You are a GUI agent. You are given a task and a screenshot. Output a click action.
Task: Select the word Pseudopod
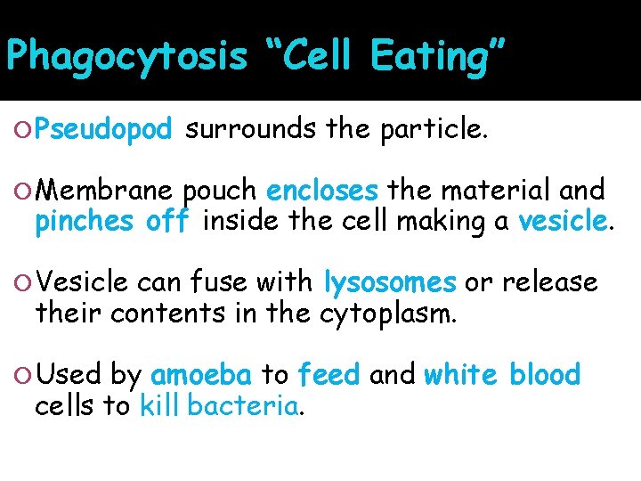click(x=104, y=131)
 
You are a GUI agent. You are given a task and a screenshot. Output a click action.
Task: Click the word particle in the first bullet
click(x=433, y=131)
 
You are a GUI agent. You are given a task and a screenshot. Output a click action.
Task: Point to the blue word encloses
click(x=322, y=191)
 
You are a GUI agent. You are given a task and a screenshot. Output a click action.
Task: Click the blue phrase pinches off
click(x=112, y=222)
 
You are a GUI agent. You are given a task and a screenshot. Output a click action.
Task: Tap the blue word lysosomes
click(x=390, y=282)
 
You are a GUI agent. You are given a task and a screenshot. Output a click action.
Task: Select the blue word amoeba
click(x=201, y=375)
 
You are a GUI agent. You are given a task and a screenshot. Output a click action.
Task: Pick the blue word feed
click(x=329, y=375)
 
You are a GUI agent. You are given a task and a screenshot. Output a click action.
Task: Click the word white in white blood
click(x=462, y=375)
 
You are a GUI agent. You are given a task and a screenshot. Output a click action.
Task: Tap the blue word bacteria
click(x=242, y=406)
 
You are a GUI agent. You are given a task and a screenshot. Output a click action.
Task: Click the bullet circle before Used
click(x=25, y=376)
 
